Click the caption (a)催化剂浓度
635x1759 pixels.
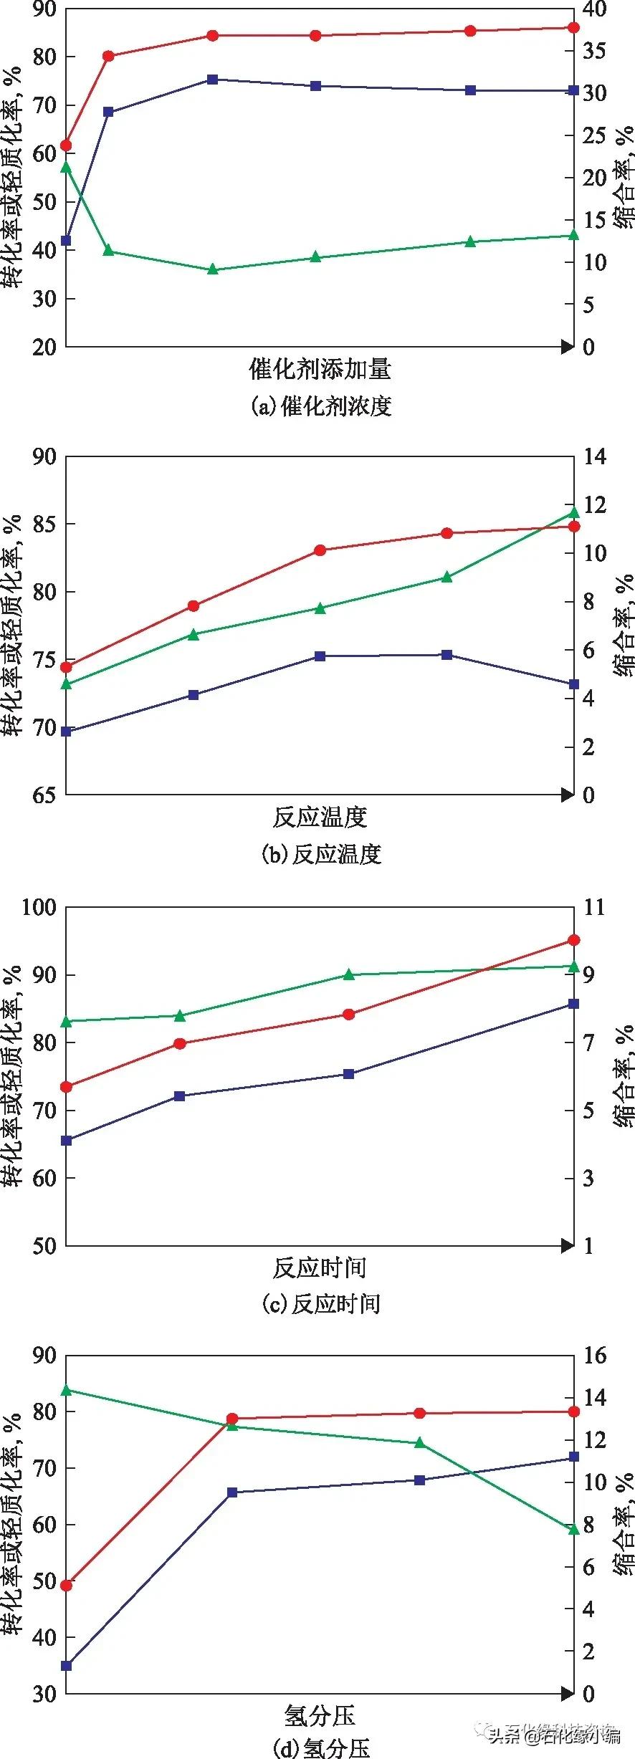pos(321,406)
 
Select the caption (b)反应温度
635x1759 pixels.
pos(321,854)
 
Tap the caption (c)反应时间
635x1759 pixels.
pos(321,1303)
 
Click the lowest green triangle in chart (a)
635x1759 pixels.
pos(212,269)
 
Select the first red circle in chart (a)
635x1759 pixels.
pos(66,145)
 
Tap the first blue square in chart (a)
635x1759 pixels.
pos(66,241)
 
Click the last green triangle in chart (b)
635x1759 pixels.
pos(573,512)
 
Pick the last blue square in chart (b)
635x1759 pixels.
pos(573,684)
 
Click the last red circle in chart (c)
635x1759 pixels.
pos(573,940)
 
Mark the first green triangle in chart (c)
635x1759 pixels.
pos(66,1021)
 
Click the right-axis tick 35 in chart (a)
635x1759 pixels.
pos(594,50)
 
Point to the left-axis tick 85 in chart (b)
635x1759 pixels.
pos(44,524)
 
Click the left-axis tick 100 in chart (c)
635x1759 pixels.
pos(39,907)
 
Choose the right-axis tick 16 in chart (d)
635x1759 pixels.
pos(594,1356)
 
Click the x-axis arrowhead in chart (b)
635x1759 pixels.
pos(568,795)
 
